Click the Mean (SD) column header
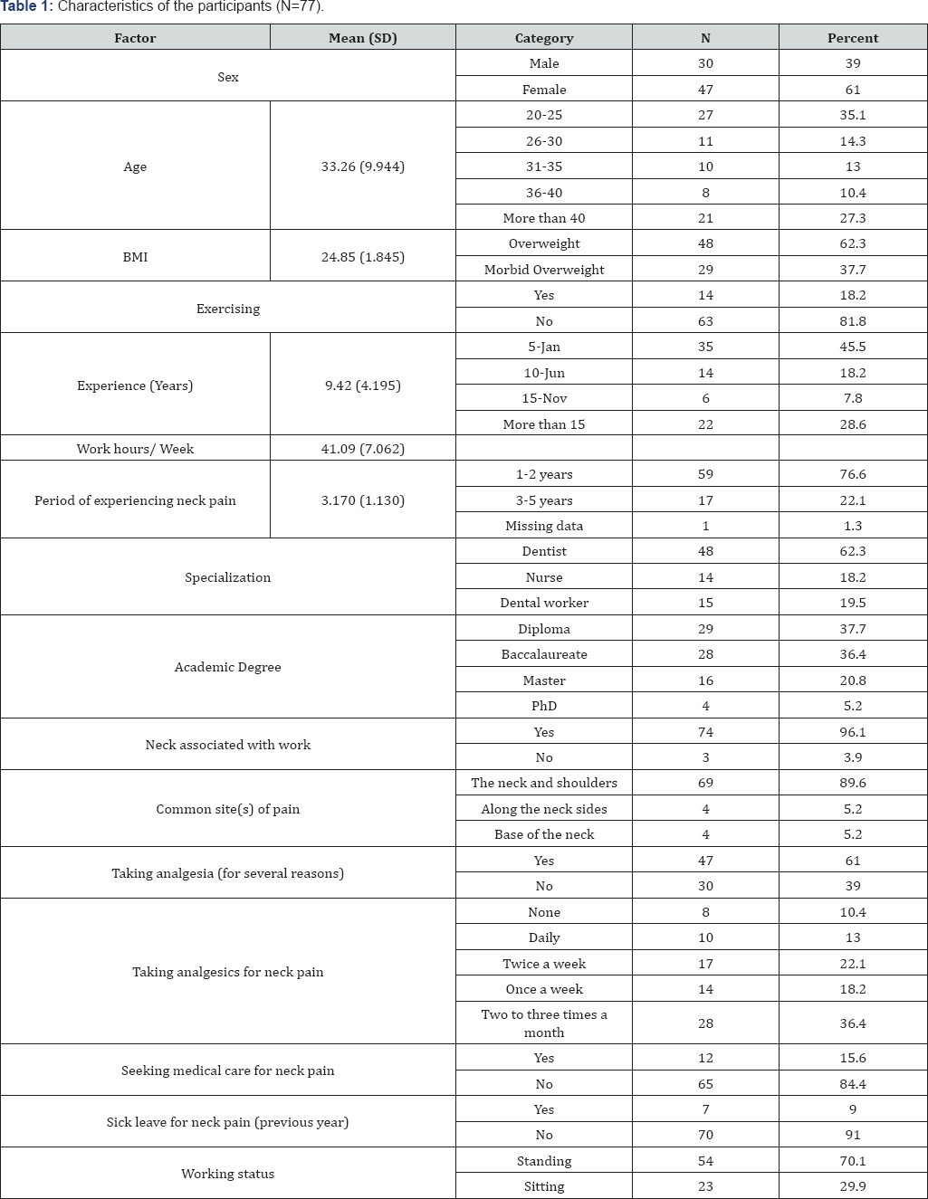(362, 38)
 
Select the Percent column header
(852, 38)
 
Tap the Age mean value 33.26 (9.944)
(362, 167)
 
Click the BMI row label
(135, 257)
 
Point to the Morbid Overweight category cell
(543, 270)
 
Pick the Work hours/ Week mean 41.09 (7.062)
(362, 449)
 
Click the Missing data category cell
(543, 526)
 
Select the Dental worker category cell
(543, 603)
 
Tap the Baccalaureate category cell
(543, 654)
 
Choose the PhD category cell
(543, 706)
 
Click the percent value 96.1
(852, 732)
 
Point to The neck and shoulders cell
(543, 783)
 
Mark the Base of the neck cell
(543, 834)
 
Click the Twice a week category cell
(543, 964)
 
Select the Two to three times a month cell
(543, 1023)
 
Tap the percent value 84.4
(852, 1084)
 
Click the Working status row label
(227, 1174)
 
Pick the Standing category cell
(543, 1161)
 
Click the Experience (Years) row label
(135, 385)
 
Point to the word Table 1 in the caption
(25, 6)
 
